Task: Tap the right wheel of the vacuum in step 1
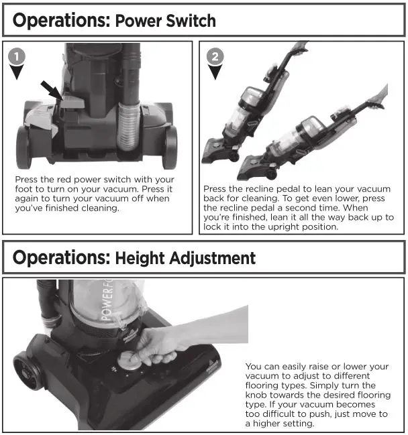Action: (x=170, y=145)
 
